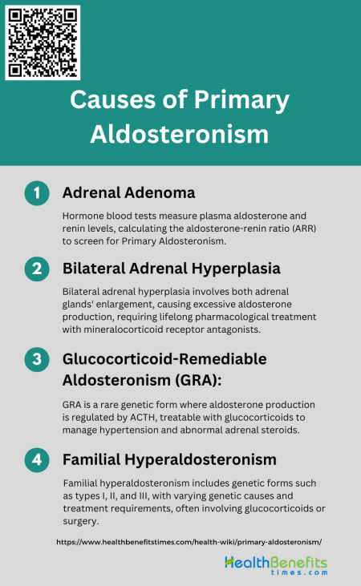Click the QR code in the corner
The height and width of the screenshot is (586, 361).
43,42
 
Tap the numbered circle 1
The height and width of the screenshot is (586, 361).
37,194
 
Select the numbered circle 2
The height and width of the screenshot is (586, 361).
37,269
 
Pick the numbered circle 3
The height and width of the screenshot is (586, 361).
37,359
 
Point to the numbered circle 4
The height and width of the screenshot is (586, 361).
37,460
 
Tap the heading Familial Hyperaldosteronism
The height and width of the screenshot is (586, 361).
169,459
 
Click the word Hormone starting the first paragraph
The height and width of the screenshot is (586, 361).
83,216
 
